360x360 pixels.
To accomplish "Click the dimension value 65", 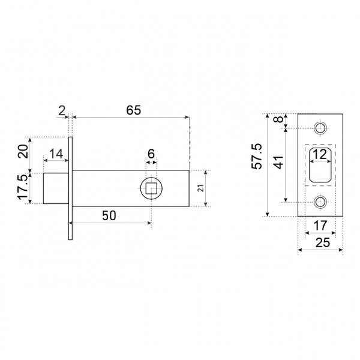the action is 134,110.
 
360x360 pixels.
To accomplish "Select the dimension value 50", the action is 109,215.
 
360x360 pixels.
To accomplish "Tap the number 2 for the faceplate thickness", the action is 62,111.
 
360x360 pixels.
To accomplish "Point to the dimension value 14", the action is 56,154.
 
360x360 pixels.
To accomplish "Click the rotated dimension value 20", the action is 23,151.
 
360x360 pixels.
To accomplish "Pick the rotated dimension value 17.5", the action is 23,187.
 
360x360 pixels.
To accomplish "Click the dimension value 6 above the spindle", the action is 151,154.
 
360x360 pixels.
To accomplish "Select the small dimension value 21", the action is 201,188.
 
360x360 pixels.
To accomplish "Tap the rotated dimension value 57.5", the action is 257,157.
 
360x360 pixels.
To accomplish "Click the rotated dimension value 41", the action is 279,163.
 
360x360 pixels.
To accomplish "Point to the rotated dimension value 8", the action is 279,119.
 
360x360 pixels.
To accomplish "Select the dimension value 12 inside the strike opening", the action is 320,154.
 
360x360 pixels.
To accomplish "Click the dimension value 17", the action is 320,225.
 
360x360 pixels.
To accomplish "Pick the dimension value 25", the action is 323,242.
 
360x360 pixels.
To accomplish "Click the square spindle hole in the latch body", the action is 152,188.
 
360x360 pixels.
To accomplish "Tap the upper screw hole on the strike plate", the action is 320,128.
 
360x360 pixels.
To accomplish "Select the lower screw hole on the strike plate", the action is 320,202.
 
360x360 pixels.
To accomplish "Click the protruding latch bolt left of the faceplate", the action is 56,188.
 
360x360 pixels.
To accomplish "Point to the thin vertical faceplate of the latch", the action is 70,188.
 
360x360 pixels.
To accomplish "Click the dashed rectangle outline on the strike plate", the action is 305,165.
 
